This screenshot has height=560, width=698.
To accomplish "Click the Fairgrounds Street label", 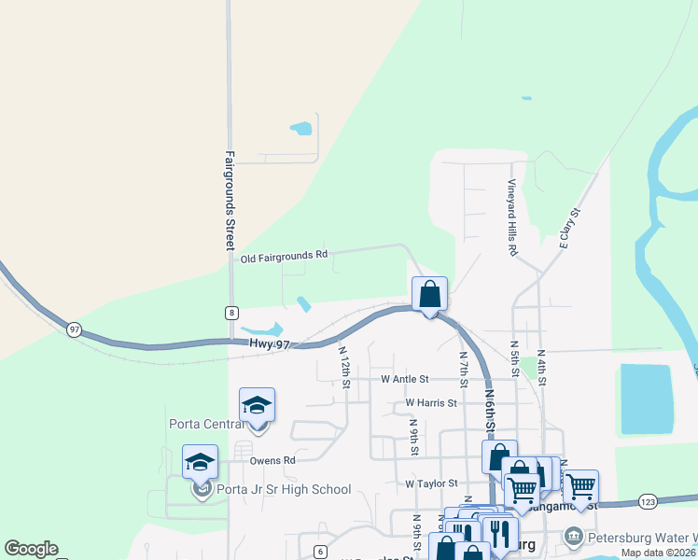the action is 229,201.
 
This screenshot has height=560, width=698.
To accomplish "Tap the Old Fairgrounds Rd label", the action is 285,255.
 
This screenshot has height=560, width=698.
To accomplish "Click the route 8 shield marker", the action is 230,313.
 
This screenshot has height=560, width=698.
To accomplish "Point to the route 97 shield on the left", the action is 74,329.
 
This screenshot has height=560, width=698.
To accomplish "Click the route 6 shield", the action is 320,552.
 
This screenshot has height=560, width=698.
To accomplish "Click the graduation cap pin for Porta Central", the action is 257,405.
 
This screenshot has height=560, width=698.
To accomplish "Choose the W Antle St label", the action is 404,379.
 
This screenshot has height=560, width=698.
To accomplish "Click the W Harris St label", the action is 431,403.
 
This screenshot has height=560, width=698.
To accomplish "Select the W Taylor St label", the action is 431,483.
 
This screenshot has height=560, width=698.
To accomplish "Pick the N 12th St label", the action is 343,367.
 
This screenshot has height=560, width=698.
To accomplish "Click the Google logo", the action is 31,549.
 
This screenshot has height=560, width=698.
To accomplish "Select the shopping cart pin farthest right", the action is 580,486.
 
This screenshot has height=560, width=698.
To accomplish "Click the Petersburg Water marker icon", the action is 573,537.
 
